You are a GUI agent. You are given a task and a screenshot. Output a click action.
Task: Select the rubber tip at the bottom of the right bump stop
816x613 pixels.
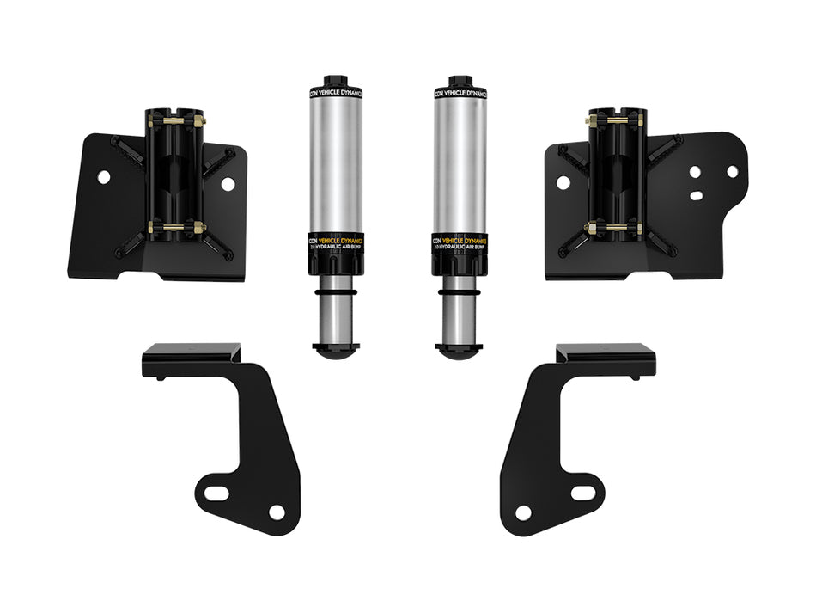[x=460, y=351]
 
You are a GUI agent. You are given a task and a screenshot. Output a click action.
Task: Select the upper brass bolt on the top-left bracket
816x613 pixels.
[x=175, y=120]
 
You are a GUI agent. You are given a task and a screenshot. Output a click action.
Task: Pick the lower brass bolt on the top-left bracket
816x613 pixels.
[x=175, y=228]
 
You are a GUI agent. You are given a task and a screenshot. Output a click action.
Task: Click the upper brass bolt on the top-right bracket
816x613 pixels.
[x=614, y=120]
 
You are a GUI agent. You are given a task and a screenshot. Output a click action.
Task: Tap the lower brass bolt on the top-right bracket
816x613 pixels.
[x=614, y=229]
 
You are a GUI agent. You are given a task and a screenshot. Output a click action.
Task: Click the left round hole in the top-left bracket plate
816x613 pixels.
[x=103, y=177]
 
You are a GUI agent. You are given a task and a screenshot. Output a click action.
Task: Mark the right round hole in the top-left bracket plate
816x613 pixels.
[x=228, y=184]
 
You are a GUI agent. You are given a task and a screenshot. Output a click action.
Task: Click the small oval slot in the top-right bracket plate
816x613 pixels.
[x=696, y=196]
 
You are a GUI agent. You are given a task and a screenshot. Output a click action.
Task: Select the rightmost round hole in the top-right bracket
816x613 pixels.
[x=732, y=171]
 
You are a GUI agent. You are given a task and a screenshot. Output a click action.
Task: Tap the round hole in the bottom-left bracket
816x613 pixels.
[x=277, y=512]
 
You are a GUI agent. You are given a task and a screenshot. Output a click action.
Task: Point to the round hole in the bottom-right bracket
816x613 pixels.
[x=522, y=512]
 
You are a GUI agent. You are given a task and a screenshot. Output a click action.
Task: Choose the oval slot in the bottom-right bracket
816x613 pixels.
[x=584, y=493]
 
